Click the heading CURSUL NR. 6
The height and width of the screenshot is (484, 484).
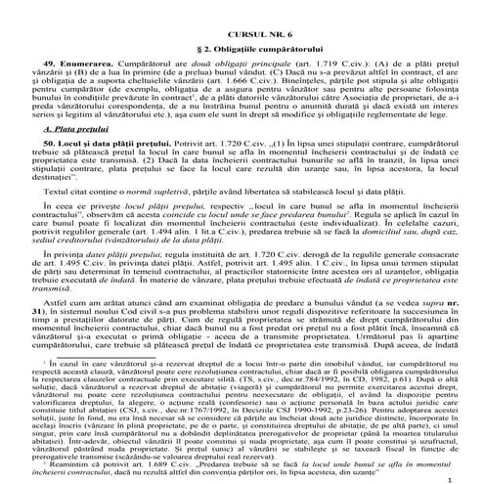pyautogui.click(x=242, y=7)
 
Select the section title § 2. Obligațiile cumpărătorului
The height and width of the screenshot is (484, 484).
pyautogui.click(x=242, y=24)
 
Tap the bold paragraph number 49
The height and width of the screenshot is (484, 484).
pyautogui.click(x=53, y=44)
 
